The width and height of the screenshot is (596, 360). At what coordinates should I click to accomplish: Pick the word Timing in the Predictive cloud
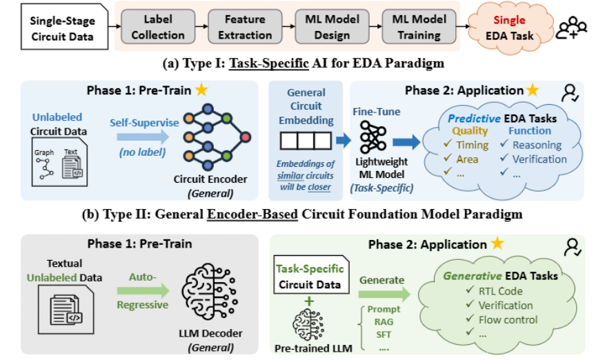tap(473, 145)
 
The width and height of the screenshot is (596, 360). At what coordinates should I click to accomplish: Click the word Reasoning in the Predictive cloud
tap(536, 145)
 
